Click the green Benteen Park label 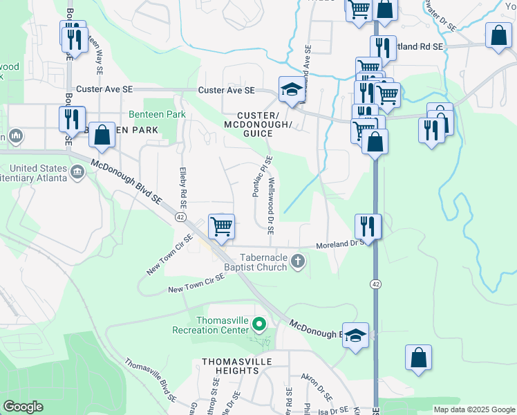click(x=148, y=114)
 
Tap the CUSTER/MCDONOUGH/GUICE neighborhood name click(x=258, y=124)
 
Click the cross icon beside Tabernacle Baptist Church click(x=298, y=261)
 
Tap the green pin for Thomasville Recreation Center click(x=258, y=324)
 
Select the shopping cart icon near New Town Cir click(x=221, y=226)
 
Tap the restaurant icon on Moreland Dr click(x=368, y=226)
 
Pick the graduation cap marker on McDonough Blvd click(x=355, y=337)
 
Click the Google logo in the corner click(x=23, y=407)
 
